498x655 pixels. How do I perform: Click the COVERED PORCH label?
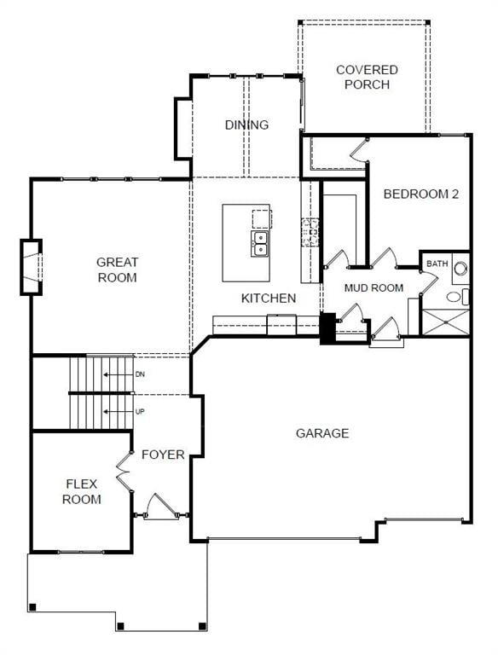(x=367, y=77)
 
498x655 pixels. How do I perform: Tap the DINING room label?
(x=246, y=125)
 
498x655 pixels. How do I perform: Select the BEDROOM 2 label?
(x=420, y=194)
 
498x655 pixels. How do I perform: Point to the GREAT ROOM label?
(x=117, y=270)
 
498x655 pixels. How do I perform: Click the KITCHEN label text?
(x=269, y=298)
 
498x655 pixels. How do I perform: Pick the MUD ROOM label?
(x=373, y=287)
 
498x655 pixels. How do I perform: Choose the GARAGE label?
(x=322, y=433)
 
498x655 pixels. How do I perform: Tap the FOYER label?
(x=163, y=455)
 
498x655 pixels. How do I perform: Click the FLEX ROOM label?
(x=82, y=491)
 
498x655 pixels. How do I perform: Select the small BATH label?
(x=437, y=264)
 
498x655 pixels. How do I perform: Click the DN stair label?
(x=140, y=374)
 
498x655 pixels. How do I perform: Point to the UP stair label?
(x=140, y=411)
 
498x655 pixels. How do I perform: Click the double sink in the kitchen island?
(x=260, y=243)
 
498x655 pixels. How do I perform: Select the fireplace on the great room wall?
(x=32, y=268)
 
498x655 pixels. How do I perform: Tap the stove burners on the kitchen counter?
(x=310, y=228)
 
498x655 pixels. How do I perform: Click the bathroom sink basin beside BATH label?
(x=460, y=268)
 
